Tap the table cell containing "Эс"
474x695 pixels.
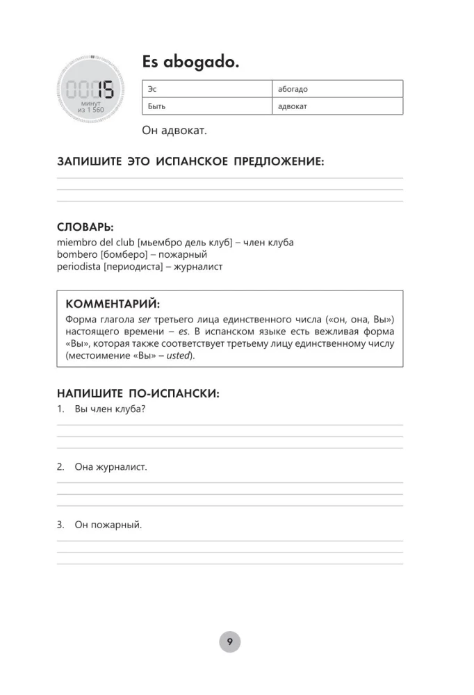[206, 89]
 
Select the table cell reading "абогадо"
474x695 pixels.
[337, 89]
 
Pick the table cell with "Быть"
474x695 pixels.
[206, 106]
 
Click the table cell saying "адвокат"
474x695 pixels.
[337, 106]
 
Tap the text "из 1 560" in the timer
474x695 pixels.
[90, 110]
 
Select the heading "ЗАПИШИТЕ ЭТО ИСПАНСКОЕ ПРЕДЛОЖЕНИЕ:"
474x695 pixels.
[190, 162]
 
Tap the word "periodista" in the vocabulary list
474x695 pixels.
[79, 266]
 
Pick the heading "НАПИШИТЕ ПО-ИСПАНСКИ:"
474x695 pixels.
[138, 393]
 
